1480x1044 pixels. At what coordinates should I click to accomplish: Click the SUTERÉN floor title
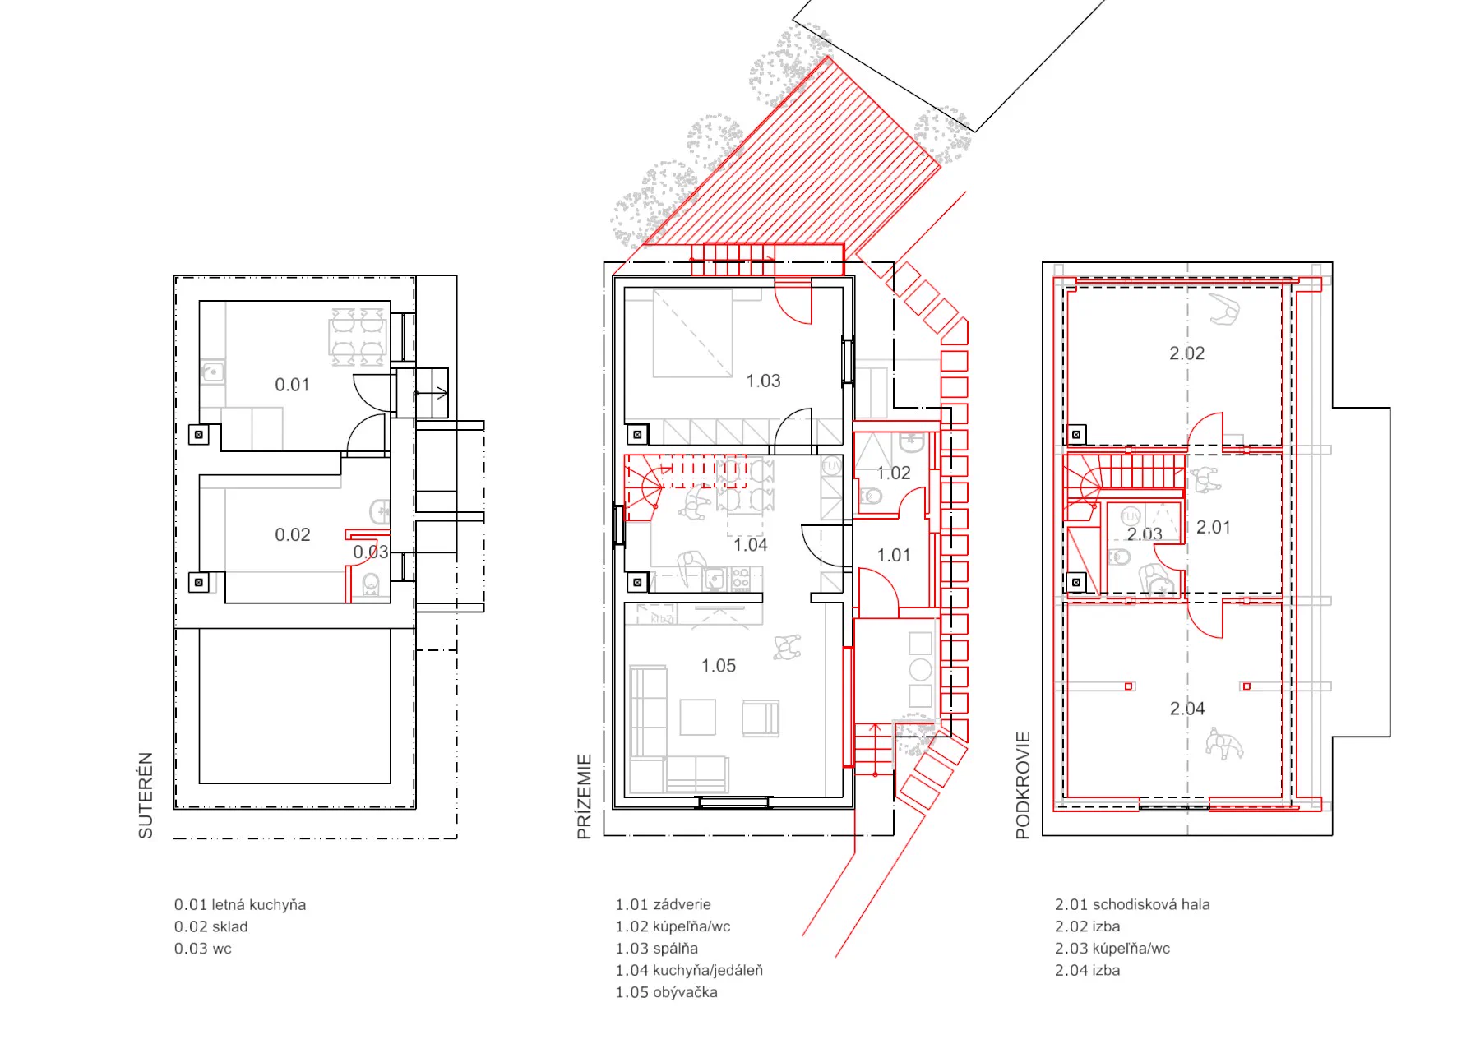tap(146, 795)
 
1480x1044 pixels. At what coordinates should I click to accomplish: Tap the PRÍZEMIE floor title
tap(584, 797)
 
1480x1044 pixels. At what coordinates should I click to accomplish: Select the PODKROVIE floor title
tap(1023, 785)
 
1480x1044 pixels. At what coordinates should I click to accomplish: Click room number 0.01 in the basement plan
tap(292, 385)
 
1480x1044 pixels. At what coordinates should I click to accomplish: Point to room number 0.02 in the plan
tap(293, 535)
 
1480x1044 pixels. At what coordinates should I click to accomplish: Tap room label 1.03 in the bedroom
tap(763, 381)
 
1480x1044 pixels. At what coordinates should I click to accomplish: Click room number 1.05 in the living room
tap(719, 666)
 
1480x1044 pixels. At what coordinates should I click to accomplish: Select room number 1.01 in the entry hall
tap(894, 556)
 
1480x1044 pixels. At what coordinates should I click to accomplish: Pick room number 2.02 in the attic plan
tap(1187, 353)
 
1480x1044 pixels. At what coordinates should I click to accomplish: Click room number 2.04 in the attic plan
tap(1187, 709)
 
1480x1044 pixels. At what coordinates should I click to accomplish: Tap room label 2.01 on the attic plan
tap(1214, 527)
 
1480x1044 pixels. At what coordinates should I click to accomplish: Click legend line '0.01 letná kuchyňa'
tap(240, 905)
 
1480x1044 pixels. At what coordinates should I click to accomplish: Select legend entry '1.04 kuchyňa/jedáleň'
tap(689, 971)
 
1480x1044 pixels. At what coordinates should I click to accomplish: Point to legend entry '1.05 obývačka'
tap(667, 992)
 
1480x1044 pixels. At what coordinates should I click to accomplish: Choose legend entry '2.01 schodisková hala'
tap(1132, 904)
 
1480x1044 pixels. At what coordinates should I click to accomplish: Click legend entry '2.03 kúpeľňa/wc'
tap(1112, 949)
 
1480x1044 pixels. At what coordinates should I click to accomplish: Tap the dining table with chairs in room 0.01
tap(358, 337)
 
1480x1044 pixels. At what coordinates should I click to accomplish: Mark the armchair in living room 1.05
tap(761, 718)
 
